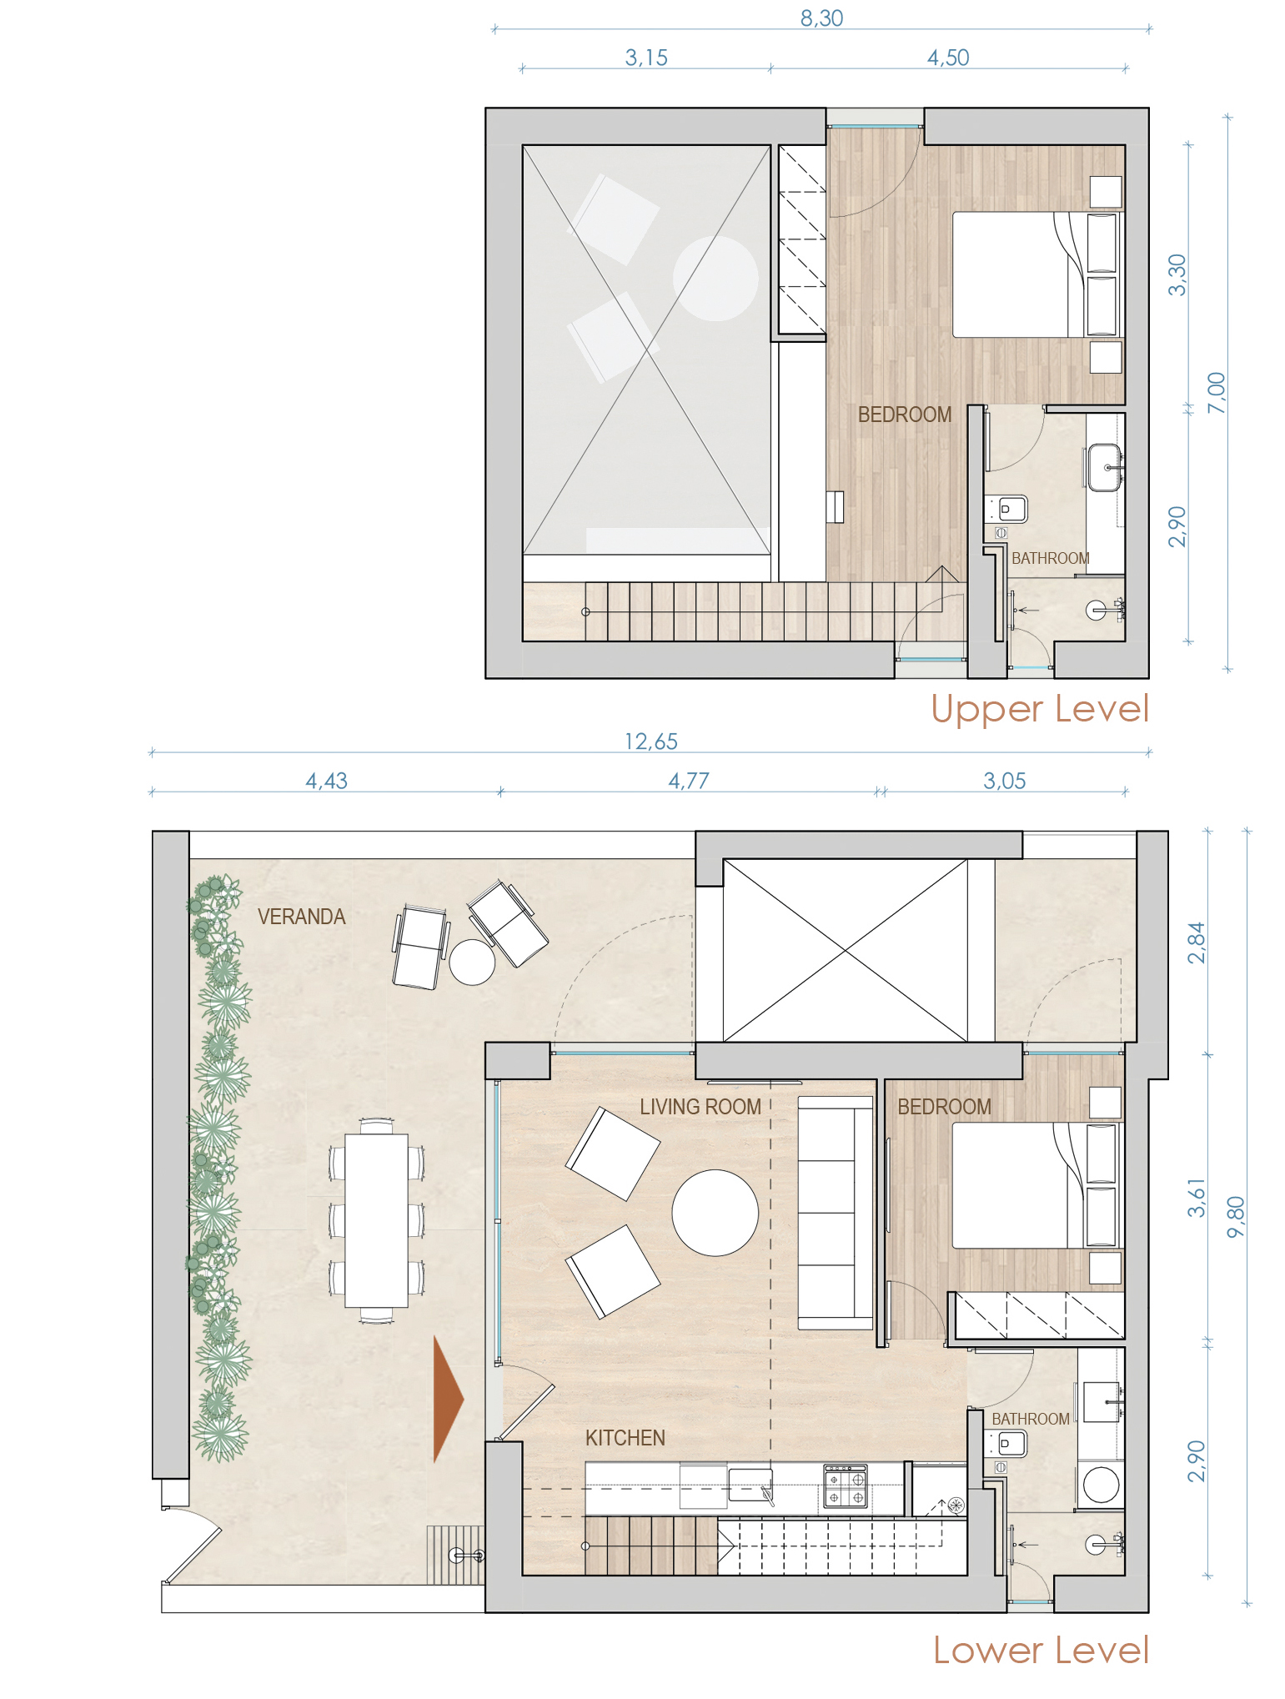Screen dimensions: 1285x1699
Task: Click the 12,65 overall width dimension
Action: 650,741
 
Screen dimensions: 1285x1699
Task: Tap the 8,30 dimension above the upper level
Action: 821,18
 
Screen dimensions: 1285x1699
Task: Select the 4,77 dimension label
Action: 689,781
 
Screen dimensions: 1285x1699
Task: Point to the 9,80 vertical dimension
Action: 1236,1217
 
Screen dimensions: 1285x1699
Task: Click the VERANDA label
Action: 301,917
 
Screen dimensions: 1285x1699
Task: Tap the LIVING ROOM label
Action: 700,1107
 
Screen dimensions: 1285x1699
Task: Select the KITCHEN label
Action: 625,1438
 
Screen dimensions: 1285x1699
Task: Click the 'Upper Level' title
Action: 1040,709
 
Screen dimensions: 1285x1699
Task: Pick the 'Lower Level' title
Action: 1041,1650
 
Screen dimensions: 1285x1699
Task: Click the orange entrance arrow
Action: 447,1398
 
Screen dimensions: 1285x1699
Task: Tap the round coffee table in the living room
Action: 715,1213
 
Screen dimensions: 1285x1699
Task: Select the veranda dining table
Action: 377,1220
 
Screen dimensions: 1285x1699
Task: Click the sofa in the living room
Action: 836,1213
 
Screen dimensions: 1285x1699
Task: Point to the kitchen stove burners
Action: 846,1486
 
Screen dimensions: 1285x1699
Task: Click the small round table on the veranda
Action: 472,963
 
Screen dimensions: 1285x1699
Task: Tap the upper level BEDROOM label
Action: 905,415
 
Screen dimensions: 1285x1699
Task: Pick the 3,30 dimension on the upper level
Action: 1177,275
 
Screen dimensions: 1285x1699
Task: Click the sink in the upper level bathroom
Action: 1104,468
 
